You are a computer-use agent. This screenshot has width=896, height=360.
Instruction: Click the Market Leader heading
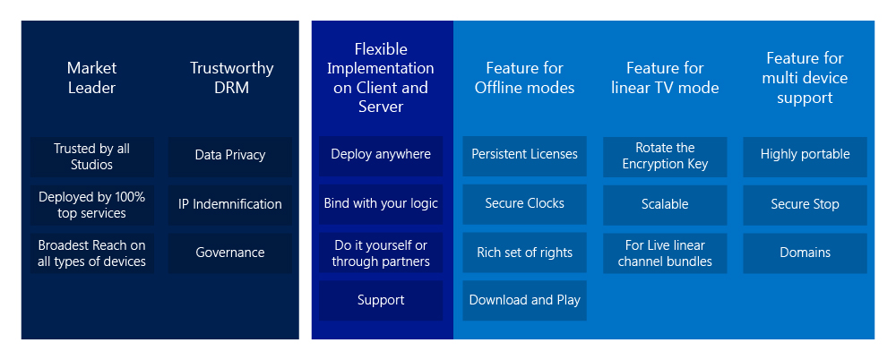click(91, 78)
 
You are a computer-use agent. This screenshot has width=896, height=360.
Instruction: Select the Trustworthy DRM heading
click(231, 78)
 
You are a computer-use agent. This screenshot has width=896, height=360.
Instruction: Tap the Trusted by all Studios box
click(91, 156)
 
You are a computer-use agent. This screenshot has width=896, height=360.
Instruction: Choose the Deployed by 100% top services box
click(91, 204)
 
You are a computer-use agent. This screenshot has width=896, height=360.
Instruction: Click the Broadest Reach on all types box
click(91, 253)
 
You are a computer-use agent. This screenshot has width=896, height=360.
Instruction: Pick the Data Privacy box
click(230, 156)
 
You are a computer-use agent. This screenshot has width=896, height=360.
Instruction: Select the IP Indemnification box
click(230, 204)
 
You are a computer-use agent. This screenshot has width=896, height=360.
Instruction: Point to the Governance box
click(230, 253)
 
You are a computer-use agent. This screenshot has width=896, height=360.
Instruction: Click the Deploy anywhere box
click(381, 155)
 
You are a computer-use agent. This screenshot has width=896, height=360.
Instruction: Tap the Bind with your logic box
click(381, 204)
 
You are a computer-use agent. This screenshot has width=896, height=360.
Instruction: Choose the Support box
click(381, 301)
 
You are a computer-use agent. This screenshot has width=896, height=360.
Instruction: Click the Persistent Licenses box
click(525, 155)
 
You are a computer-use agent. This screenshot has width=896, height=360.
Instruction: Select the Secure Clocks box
click(525, 204)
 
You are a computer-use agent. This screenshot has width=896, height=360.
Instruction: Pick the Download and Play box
click(525, 301)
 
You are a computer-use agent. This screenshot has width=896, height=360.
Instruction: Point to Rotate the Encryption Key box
click(665, 156)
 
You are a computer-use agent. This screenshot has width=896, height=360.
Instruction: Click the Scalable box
click(665, 204)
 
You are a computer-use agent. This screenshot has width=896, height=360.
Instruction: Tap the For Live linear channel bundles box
click(665, 253)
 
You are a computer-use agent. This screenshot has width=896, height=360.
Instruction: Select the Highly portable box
click(805, 155)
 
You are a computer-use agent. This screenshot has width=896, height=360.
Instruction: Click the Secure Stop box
click(805, 204)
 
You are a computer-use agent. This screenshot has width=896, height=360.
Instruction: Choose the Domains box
click(805, 253)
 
